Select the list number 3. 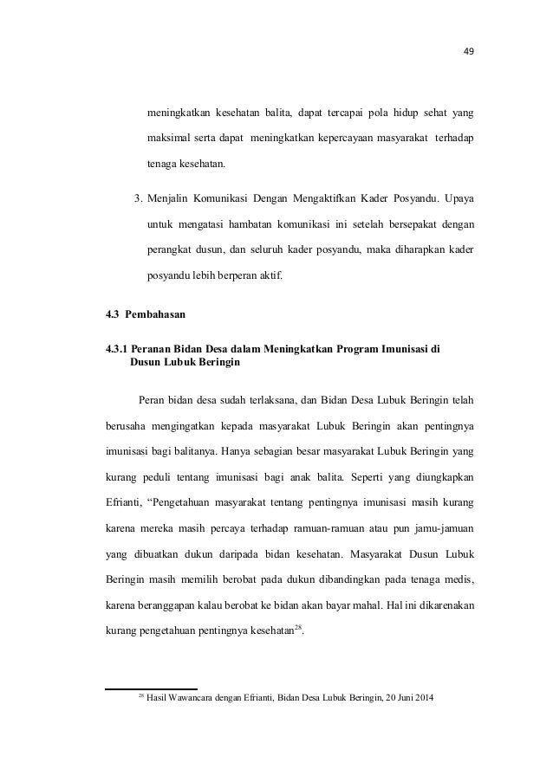138,200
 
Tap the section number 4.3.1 115,350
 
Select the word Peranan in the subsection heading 153,350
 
